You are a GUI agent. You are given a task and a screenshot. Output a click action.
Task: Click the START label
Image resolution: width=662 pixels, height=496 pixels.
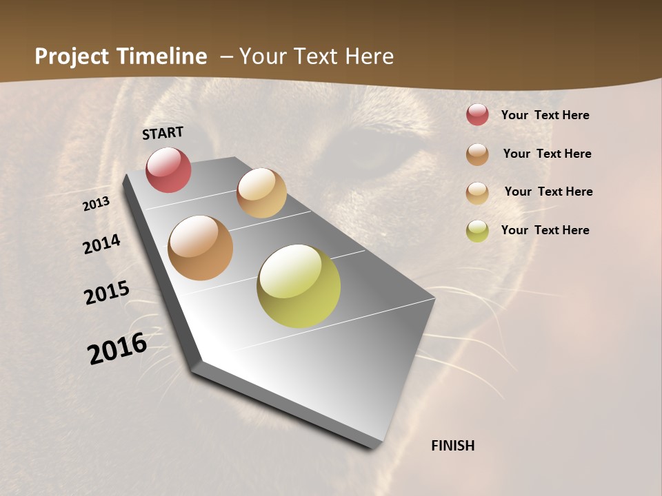tap(163, 133)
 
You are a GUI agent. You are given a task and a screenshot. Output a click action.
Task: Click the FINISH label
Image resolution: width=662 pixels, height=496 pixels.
tap(452, 446)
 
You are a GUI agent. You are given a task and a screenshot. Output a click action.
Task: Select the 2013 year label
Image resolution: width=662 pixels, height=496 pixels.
tap(96, 204)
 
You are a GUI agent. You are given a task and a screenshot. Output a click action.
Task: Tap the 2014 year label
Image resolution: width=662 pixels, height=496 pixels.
tap(101, 244)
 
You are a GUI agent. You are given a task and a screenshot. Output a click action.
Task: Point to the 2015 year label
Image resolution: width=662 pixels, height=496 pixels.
tap(106, 293)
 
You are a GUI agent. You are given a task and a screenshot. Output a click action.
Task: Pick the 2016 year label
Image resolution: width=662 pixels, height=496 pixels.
tap(117, 349)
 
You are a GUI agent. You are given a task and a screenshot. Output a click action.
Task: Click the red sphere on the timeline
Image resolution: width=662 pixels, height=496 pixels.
tap(168, 169)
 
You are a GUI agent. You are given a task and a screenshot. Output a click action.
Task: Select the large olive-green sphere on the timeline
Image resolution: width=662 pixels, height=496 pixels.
tap(299, 286)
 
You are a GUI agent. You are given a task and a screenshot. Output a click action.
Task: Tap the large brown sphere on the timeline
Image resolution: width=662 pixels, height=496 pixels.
tap(201, 248)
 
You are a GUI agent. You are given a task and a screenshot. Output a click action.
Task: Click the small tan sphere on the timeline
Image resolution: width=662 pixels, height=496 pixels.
tap(261, 193)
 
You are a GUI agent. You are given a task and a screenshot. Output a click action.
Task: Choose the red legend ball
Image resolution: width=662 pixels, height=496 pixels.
tap(477, 114)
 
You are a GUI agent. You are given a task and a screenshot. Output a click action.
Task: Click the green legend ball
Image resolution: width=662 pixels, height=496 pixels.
tap(477, 231)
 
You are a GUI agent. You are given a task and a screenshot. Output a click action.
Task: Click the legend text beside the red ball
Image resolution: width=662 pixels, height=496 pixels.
tap(545, 115)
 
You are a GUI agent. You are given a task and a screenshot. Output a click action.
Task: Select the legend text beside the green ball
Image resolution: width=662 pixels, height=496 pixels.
tap(545, 230)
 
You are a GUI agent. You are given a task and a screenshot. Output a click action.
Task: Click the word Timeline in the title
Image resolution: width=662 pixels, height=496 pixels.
tap(161, 56)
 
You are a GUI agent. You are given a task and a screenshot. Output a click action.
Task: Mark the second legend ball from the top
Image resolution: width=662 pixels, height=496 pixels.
tap(477, 154)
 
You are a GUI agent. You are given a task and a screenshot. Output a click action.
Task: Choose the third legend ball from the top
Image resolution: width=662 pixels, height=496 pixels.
tap(477, 193)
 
